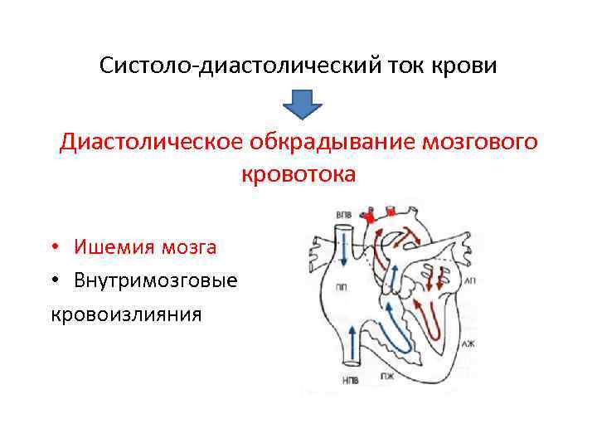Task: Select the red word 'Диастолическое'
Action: [x=148, y=143]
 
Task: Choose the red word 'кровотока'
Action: [x=298, y=174]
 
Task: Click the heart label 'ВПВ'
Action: [x=343, y=216]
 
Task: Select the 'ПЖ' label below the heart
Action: [x=387, y=377]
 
